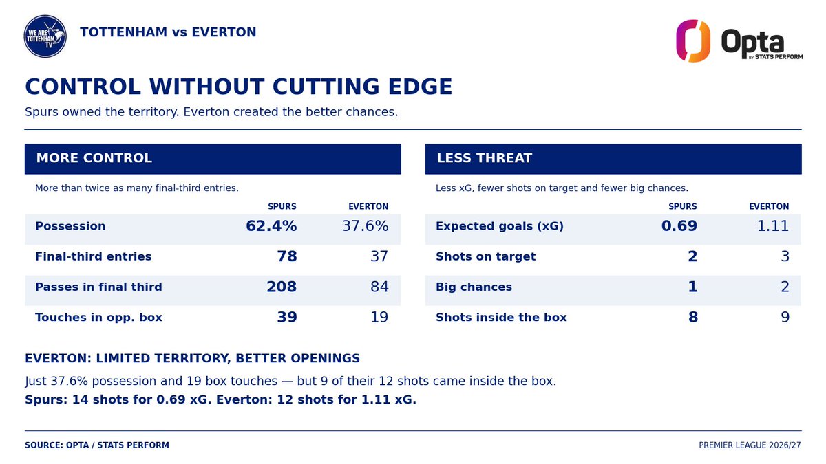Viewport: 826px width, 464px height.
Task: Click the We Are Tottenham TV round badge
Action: coord(45,36)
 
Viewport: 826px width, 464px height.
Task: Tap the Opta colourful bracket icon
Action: coord(693,41)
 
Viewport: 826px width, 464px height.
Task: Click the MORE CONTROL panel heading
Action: coord(94,158)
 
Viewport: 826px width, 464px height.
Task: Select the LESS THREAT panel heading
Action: coord(484,158)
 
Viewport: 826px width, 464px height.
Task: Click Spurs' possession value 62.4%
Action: coord(271,225)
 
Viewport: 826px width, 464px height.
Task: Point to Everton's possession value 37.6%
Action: coord(365,225)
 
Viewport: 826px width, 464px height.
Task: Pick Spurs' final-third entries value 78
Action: coord(287,256)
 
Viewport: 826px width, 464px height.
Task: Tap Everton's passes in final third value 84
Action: coord(379,287)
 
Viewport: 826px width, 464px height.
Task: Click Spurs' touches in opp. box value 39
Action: coord(287,317)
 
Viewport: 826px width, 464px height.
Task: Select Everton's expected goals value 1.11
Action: coord(773,225)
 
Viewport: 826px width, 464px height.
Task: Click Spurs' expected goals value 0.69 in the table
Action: coord(679,225)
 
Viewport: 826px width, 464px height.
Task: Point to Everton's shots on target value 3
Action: coord(785,256)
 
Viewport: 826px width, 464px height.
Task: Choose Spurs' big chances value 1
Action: coord(693,287)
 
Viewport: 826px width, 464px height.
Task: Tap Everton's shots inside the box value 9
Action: coord(785,317)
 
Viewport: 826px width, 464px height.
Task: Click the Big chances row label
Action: coord(474,287)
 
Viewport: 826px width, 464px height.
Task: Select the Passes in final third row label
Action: coord(98,287)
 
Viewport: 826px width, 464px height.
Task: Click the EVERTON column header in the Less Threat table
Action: coord(769,207)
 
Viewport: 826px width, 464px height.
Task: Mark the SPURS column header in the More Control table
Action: coord(282,207)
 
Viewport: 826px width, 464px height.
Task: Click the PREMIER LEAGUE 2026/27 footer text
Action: coord(750,445)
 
